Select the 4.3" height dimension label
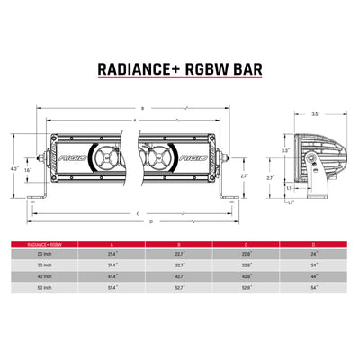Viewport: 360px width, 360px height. tap(14, 168)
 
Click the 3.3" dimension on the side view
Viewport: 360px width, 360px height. tap(284, 151)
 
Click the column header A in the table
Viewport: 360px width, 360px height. tap(112, 244)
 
